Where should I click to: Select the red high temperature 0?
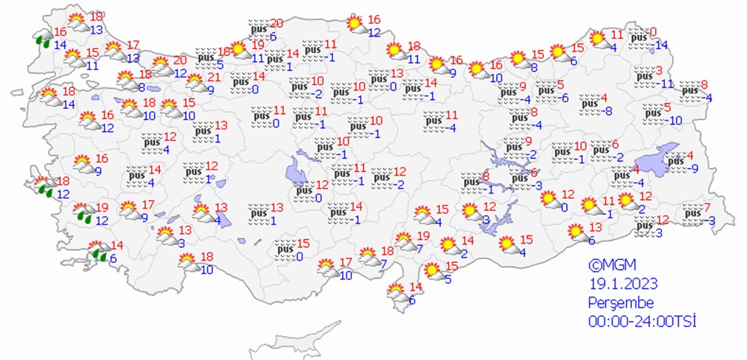(x=654, y=32)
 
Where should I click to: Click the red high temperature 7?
(x=707, y=207)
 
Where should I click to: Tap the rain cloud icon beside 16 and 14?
(x=44, y=39)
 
